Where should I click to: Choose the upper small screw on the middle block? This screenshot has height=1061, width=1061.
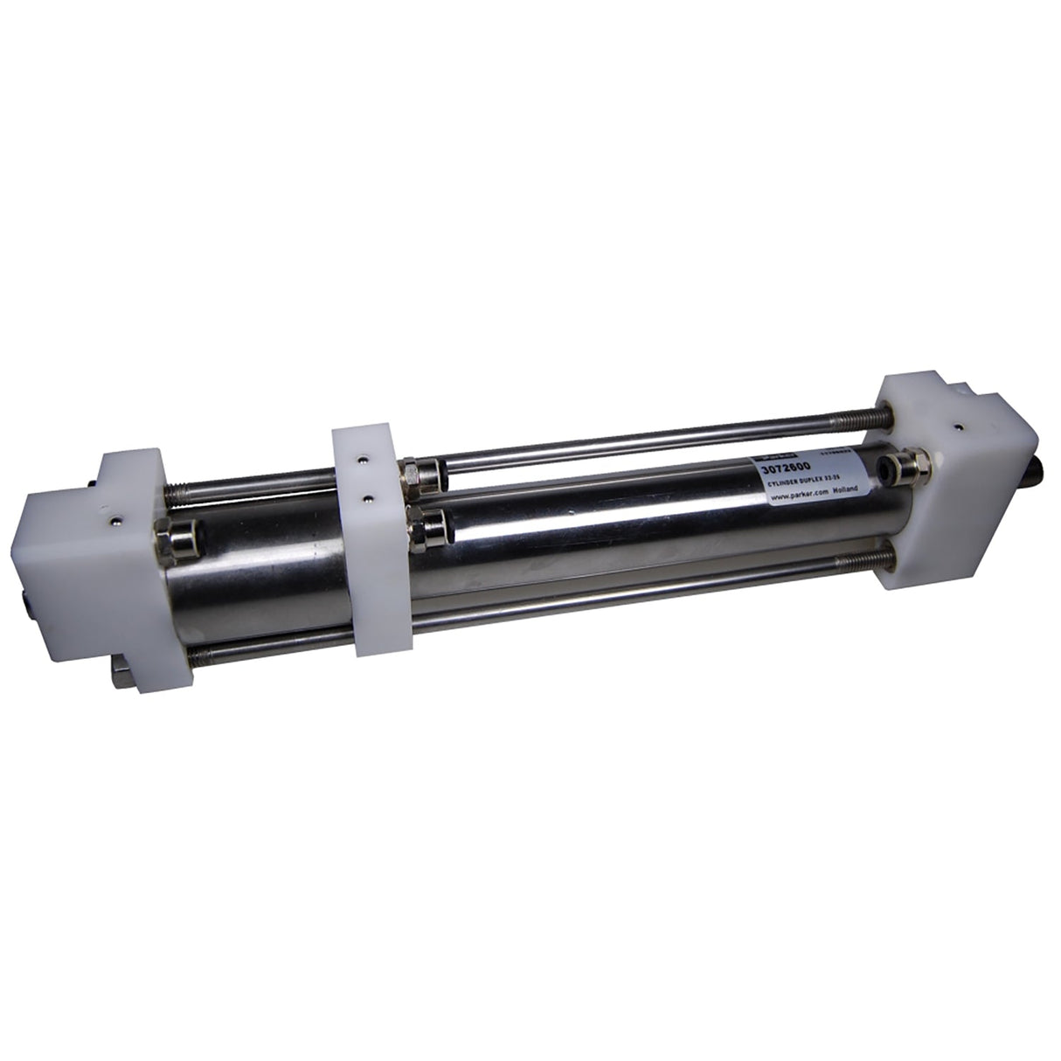tap(361, 456)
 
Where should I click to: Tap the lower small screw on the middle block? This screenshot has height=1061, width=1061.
tap(367, 499)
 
